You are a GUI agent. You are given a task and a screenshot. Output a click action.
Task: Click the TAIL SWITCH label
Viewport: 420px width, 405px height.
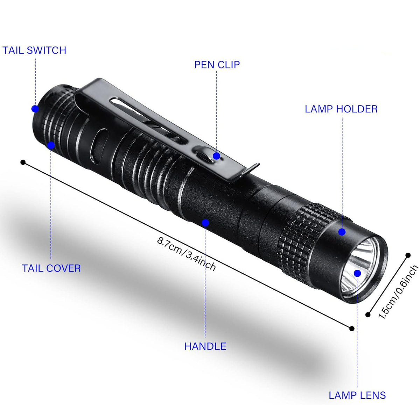point(34,50)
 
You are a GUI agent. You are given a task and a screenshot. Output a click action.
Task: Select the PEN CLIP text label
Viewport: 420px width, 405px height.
point(217,65)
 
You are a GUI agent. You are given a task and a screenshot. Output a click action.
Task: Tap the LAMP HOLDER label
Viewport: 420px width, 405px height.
point(341,109)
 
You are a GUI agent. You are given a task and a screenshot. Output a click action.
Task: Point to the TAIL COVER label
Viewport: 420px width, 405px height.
point(51,268)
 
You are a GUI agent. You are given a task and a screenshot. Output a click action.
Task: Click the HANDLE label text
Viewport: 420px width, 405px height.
point(205,346)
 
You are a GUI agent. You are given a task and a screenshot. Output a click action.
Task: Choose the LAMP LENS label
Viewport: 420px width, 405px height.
point(357,395)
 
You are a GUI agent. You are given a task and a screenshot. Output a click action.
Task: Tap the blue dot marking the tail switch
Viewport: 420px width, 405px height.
point(35,109)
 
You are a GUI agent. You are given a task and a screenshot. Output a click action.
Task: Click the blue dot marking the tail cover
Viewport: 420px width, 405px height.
point(51,145)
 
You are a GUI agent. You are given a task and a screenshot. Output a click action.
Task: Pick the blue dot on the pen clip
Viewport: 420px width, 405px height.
point(217,156)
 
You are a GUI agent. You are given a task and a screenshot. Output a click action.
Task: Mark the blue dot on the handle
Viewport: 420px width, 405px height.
point(205,223)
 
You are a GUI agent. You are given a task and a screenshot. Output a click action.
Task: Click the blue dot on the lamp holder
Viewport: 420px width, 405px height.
point(342,232)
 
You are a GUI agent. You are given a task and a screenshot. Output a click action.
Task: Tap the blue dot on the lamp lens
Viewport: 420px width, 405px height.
point(357,273)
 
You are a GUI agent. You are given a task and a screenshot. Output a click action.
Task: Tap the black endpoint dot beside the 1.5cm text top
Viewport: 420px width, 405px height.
point(408,255)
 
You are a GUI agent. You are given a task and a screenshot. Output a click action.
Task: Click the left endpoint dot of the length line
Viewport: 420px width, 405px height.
point(23,162)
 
